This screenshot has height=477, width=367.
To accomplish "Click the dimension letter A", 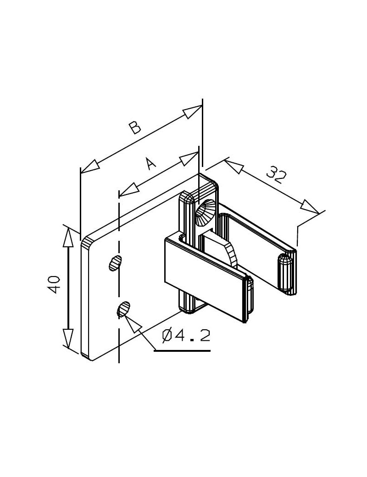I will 150,163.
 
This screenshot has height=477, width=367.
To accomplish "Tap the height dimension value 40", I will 54,284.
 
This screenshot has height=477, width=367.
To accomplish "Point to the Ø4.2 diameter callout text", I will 186,336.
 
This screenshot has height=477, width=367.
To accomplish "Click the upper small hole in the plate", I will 115,263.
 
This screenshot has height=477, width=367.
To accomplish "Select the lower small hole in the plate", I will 123,309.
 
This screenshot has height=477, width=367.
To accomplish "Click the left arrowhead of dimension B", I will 90,166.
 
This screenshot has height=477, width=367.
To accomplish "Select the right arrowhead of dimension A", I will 189,158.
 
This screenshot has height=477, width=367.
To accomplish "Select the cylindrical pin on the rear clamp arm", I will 285,273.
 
